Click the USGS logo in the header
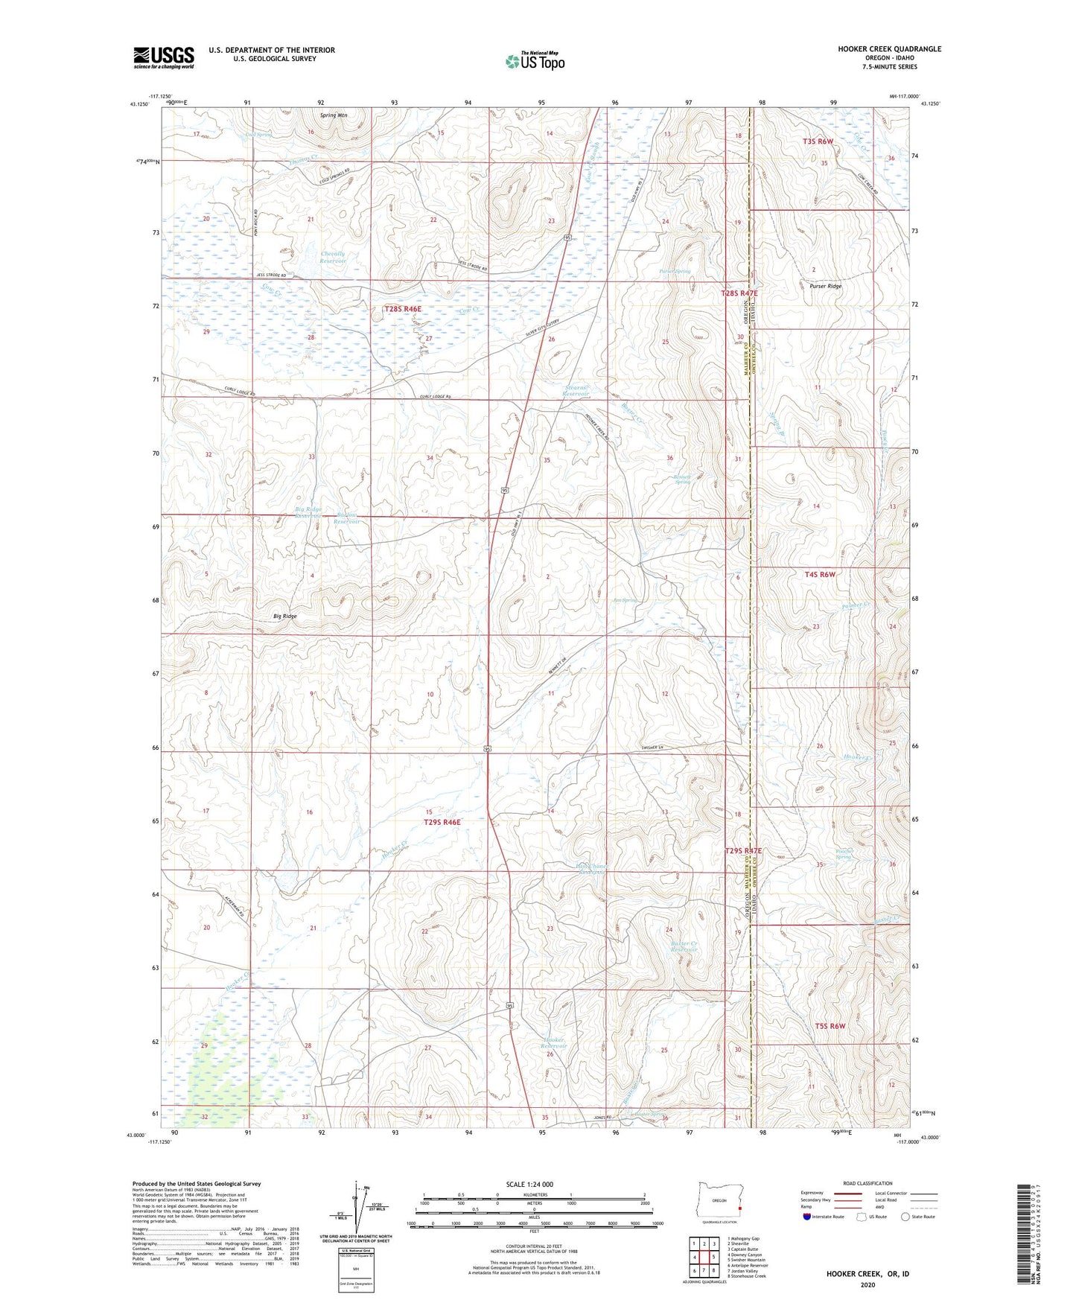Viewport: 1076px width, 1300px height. (x=164, y=57)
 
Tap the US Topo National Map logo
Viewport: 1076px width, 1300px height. (x=534, y=60)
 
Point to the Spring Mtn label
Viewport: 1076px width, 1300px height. (x=334, y=115)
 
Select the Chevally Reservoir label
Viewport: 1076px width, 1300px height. (x=333, y=258)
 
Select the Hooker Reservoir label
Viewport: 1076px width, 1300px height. (x=555, y=1042)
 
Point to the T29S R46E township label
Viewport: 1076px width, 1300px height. (x=442, y=822)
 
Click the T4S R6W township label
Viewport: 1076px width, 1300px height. (x=820, y=574)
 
